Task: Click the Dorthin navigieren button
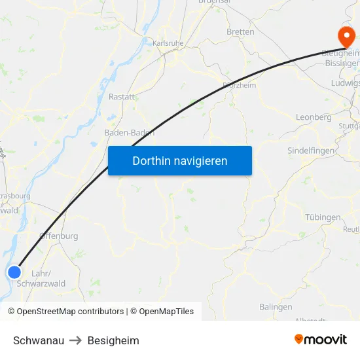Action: (180, 160)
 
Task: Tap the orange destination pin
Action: (343, 35)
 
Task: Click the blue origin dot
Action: (14, 272)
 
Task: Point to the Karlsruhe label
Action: (168, 43)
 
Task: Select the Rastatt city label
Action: (122, 96)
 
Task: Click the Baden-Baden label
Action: (130, 132)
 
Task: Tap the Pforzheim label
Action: (239, 84)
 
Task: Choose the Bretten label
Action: (240, 31)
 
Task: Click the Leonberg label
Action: (314, 117)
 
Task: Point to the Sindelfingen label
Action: (312, 151)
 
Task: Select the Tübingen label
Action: (323, 217)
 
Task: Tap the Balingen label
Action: (276, 306)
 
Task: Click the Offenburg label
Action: (59, 236)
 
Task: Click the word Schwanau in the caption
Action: (39, 340)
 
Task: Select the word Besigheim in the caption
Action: (113, 340)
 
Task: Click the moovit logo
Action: (320, 339)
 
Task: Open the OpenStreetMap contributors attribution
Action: (66, 312)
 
